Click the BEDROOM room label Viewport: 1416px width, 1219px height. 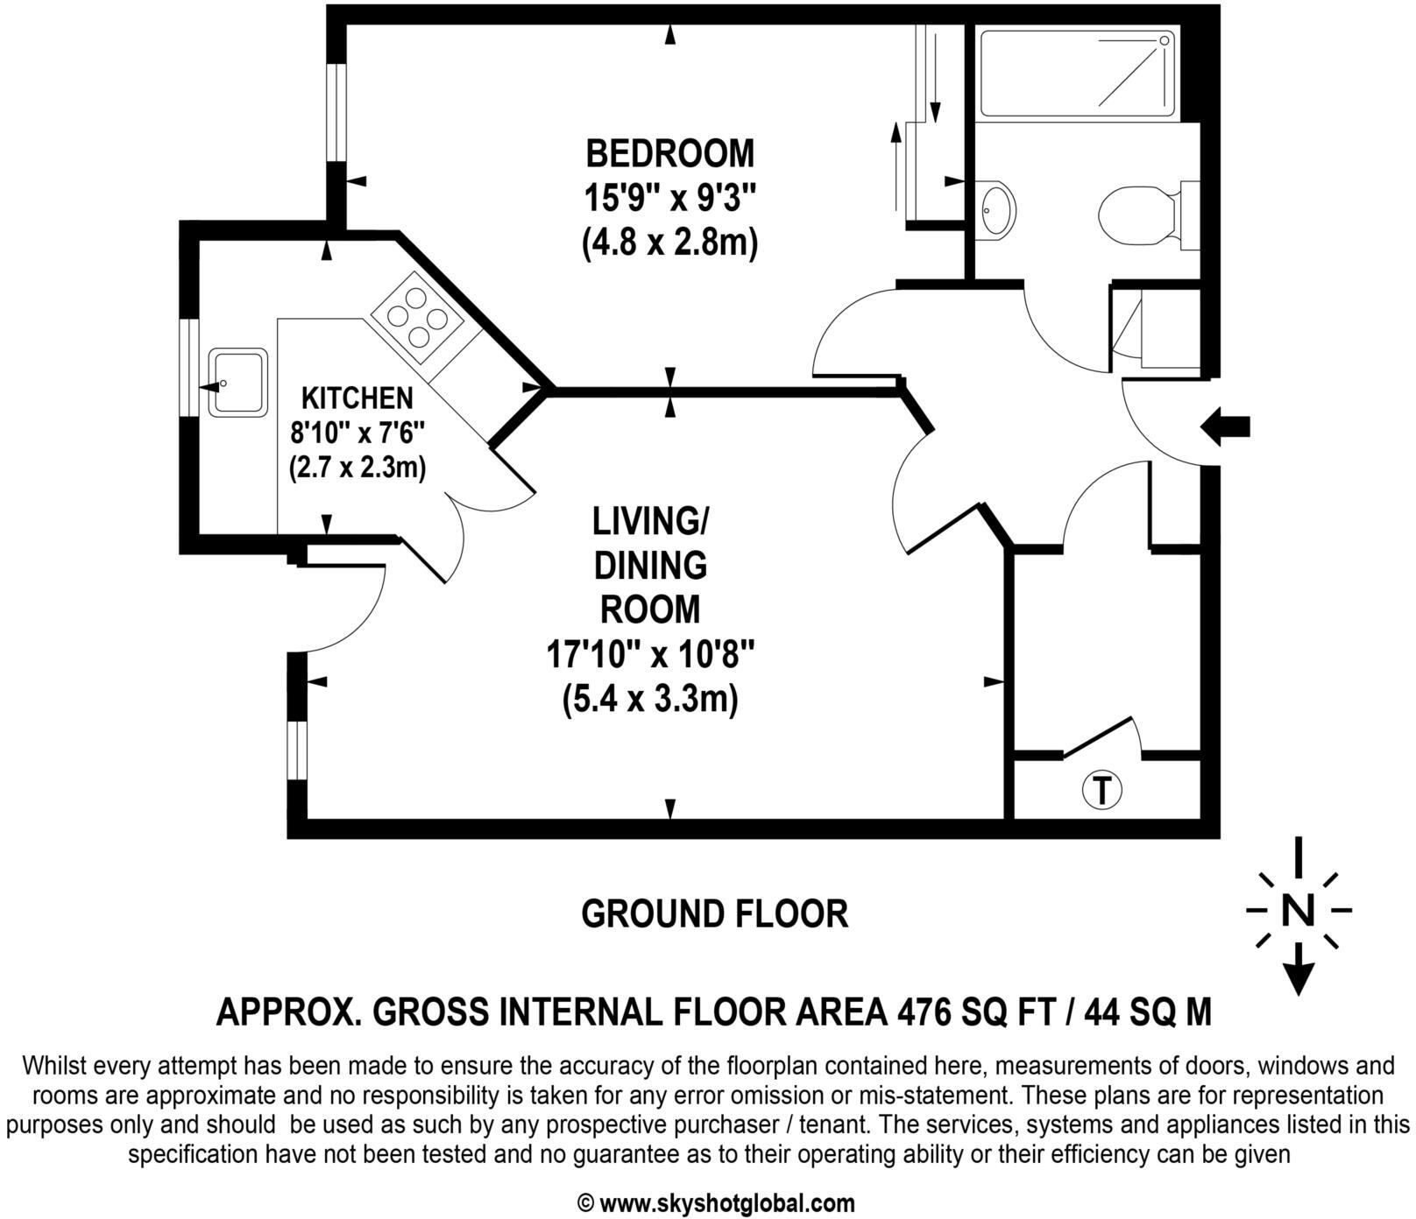coord(669,153)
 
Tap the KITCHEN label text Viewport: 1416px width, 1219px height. coord(357,398)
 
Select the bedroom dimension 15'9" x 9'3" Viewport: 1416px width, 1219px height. coord(669,199)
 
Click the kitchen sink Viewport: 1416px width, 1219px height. coord(238,383)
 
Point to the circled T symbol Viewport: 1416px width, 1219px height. coord(1101,790)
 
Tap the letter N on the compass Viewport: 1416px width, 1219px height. coord(1298,911)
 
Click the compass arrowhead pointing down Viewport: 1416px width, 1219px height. coord(1298,977)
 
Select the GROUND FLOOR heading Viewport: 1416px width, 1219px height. coord(714,914)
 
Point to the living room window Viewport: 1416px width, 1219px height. coord(298,750)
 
